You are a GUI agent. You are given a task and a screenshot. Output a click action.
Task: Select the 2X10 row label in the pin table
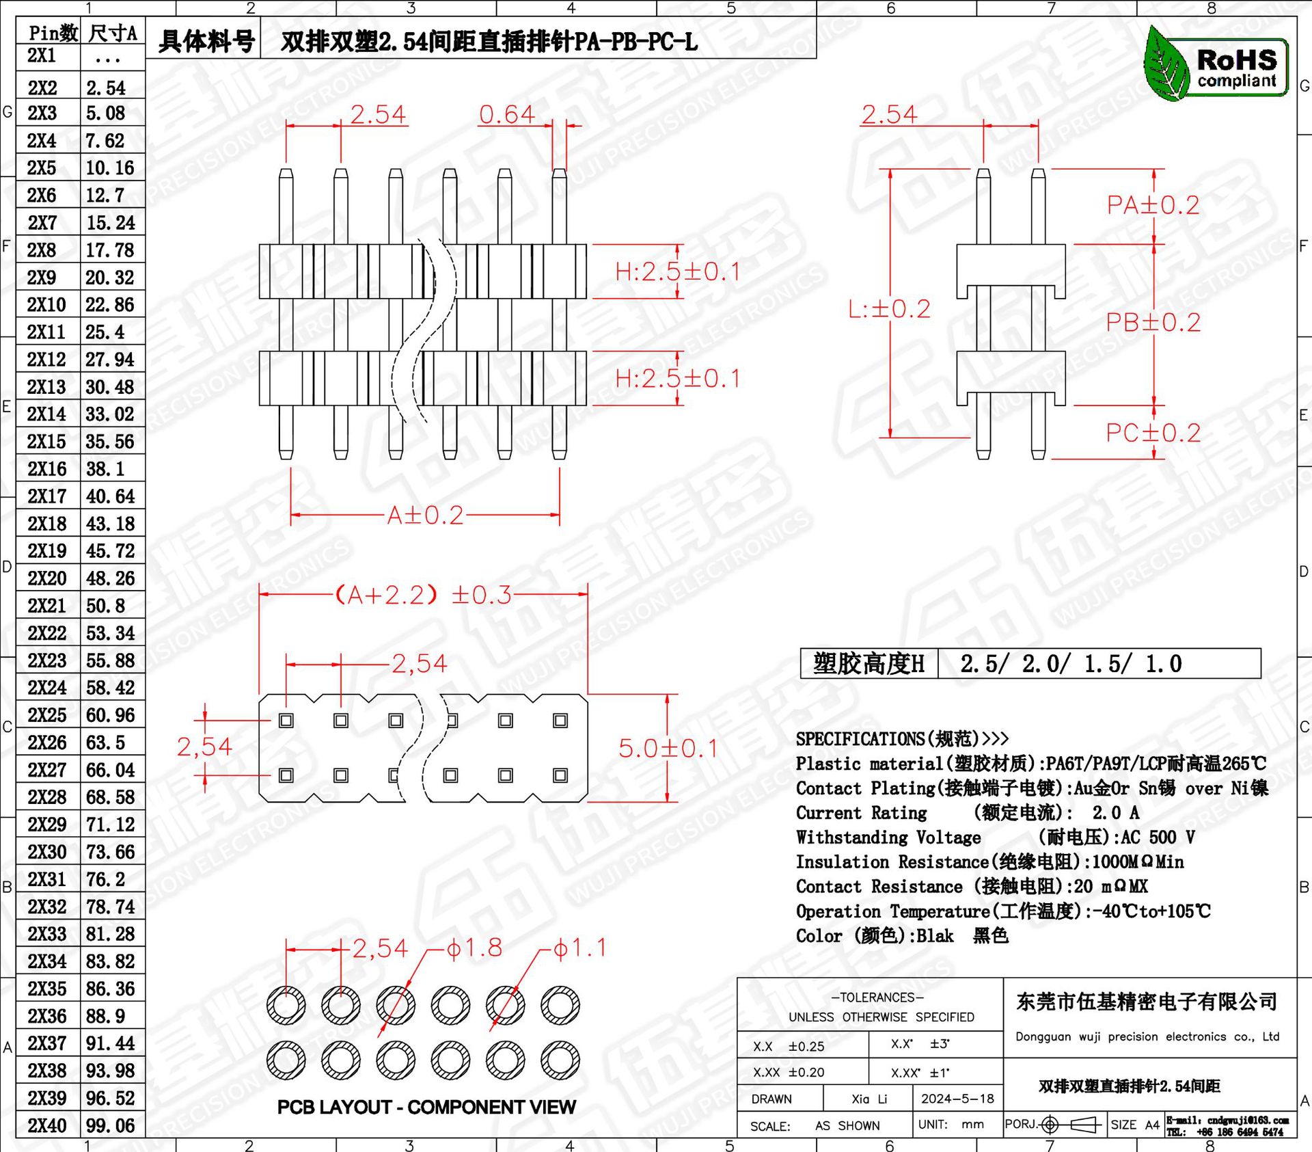46,304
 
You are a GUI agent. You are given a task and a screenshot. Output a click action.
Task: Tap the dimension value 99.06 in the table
110,1125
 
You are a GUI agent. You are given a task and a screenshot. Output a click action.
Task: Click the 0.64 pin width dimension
506,114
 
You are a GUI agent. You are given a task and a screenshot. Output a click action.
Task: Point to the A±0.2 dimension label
425,515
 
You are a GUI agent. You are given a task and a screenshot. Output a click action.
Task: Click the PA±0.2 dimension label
1153,205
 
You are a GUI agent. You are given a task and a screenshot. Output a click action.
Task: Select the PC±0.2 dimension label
1153,433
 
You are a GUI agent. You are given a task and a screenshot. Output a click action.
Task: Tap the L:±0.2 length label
889,309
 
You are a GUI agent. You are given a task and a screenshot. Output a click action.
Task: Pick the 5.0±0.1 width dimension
668,748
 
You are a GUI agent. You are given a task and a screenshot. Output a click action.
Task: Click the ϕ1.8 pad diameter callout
474,948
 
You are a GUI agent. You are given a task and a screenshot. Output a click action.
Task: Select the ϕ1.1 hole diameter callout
579,948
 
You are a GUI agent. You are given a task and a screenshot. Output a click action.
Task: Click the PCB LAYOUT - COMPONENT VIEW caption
426,1107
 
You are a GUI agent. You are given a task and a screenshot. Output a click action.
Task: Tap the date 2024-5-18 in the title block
957,1099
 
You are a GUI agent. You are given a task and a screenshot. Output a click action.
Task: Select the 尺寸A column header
113,33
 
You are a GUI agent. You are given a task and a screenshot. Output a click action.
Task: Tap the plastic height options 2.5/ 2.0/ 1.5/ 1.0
1071,664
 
